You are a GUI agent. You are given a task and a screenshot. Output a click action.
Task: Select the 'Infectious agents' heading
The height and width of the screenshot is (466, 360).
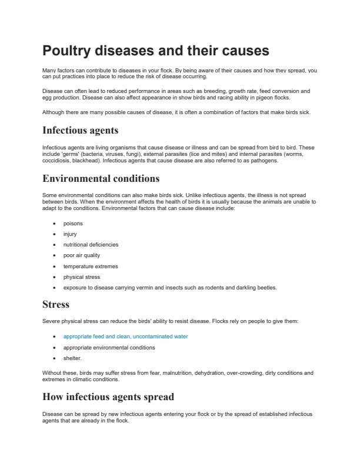[x=80, y=130]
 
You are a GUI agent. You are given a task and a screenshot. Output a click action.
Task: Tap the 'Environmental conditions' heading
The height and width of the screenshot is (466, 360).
[x=101, y=178]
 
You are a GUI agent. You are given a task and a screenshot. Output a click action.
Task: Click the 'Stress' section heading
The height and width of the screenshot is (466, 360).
[x=56, y=304]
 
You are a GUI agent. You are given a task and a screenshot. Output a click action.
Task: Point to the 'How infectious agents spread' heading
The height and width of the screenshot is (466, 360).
[x=108, y=397]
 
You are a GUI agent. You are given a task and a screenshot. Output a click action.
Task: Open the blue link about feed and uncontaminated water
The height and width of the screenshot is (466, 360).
[x=125, y=337]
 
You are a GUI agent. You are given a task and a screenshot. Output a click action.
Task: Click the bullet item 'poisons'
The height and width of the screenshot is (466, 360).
[x=73, y=224]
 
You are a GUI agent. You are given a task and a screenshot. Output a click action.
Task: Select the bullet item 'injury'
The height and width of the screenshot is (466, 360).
[x=70, y=234]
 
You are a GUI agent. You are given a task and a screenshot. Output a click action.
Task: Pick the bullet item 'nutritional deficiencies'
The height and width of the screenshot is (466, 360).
[x=91, y=245]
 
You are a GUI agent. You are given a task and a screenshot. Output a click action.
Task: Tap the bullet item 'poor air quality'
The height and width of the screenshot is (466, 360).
[x=82, y=255]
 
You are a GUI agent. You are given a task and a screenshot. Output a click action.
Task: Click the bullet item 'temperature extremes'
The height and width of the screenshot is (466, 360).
[x=91, y=266]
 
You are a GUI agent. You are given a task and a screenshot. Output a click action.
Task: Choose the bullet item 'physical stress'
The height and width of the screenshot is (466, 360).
[x=82, y=277]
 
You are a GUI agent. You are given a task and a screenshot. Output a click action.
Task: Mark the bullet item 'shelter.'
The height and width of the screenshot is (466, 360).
[x=72, y=358]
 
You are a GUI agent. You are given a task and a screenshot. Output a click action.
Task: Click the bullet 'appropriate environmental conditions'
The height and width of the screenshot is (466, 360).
[x=109, y=347]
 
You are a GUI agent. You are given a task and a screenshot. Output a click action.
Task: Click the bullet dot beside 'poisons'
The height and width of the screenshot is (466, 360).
[x=54, y=224]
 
